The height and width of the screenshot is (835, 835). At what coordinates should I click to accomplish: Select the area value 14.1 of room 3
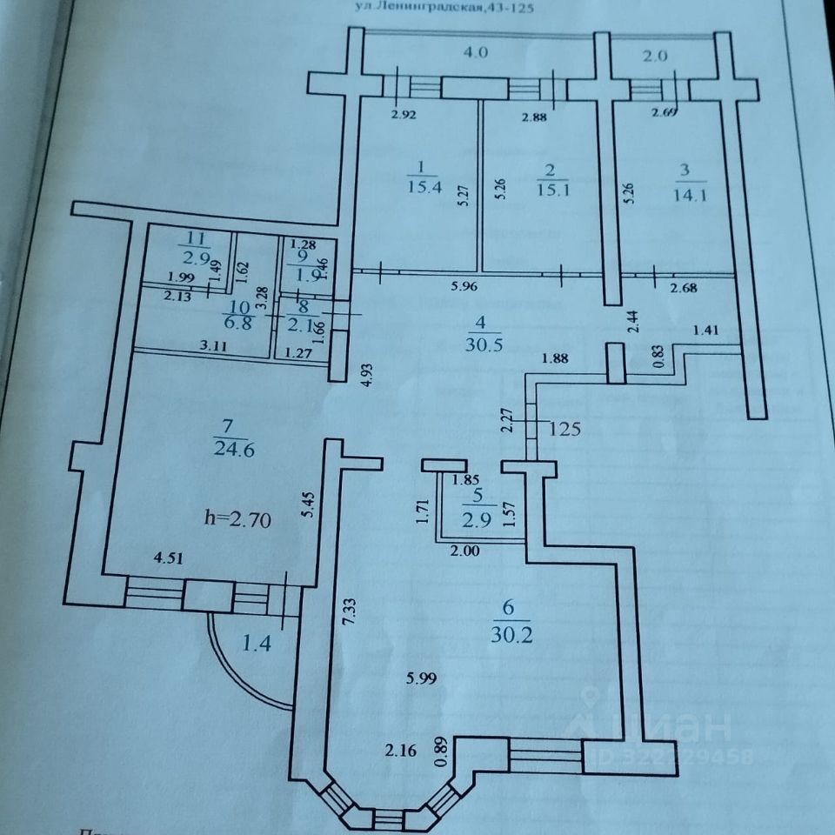pyautogui.click(x=689, y=194)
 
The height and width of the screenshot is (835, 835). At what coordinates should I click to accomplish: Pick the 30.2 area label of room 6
pyautogui.click(x=513, y=635)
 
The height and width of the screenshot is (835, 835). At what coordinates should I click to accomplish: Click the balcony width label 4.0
pyautogui.click(x=476, y=52)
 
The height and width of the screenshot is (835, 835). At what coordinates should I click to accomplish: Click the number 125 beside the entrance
pyautogui.click(x=564, y=429)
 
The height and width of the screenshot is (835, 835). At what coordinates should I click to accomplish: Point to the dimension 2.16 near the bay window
pyautogui.click(x=402, y=748)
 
